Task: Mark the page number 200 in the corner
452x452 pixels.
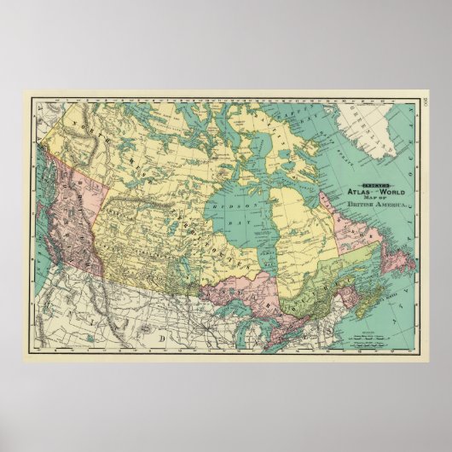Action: [423, 104]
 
